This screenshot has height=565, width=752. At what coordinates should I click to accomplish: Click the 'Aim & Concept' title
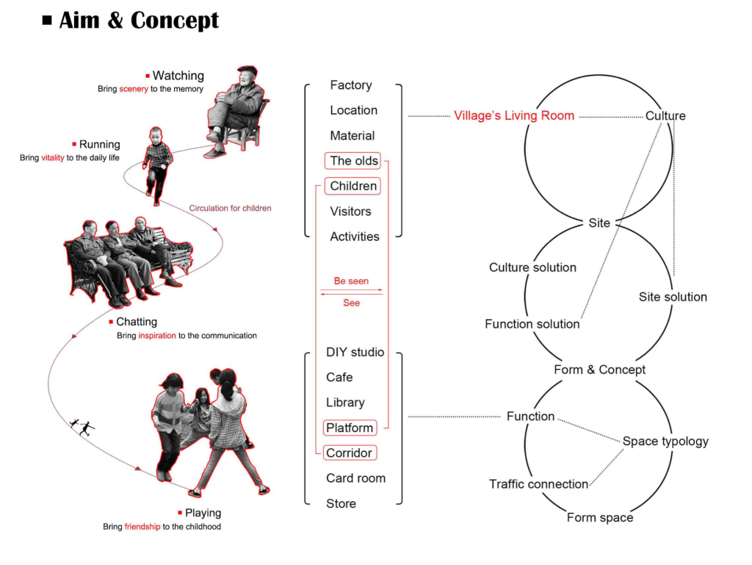(138, 20)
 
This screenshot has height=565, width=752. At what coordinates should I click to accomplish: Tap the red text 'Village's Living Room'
(514, 115)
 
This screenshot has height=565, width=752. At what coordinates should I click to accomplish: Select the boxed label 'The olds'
(352, 161)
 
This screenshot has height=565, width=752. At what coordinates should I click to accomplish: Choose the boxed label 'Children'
(352, 186)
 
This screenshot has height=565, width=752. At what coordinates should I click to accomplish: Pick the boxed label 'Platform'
(350, 428)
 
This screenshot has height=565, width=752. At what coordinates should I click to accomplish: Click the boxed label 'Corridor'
(350, 453)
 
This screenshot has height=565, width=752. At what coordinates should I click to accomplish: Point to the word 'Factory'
(351, 85)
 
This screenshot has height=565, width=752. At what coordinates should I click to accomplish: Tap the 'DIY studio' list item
(355, 352)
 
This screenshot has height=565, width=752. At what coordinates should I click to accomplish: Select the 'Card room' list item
(356, 478)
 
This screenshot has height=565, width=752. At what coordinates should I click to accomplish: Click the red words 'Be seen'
(351, 281)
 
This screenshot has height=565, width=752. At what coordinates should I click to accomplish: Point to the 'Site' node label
(599, 223)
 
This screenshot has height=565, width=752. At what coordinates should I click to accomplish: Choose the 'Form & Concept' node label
(599, 370)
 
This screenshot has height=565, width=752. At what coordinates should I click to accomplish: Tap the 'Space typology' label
(665, 442)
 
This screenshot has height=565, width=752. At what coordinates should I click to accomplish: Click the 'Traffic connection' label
(538, 484)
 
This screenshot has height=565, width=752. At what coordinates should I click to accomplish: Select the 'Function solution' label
(532, 324)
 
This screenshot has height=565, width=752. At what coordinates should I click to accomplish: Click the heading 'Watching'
(178, 76)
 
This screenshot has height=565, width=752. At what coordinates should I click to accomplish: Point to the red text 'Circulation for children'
(230, 208)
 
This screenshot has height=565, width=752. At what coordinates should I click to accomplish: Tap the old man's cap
(248, 70)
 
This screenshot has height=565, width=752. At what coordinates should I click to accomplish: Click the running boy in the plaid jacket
(157, 165)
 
